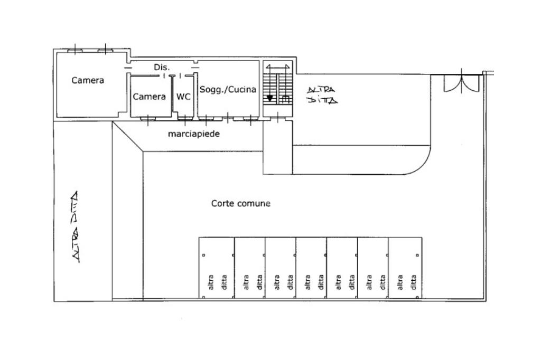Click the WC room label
pyautogui.click(x=183, y=97)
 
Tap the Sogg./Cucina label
pyautogui.click(x=228, y=90)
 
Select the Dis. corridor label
pyautogui.click(x=162, y=67)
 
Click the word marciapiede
pyautogui.click(x=193, y=134)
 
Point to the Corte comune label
pyautogui.click(x=240, y=203)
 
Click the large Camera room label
pyautogui.click(x=88, y=80)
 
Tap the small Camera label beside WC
pyautogui.click(x=149, y=97)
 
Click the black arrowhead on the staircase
pyautogui.click(x=270, y=98)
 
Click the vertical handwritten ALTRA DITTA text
pyautogui.click(x=74, y=226)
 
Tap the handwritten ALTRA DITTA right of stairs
pyautogui.click(x=322, y=95)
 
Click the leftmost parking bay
pyautogui.click(x=216, y=268)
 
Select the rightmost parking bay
pyautogui.click(x=405, y=268)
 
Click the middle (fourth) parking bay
pyautogui.click(x=311, y=268)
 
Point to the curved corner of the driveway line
pyautogui.click(x=424, y=166)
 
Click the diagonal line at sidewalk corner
pyautogui.click(x=128, y=137)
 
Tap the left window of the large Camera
pyautogui.click(x=75, y=51)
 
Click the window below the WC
pyautogui.click(x=185, y=119)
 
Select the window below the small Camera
pyautogui.click(x=148, y=119)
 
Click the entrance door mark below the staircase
pyautogui.click(x=277, y=118)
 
